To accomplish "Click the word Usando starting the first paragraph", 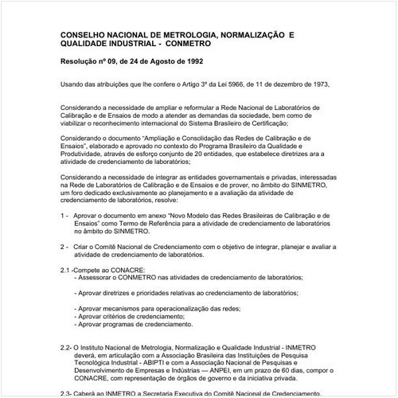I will click(72, 84).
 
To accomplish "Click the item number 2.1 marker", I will click(67, 271).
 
